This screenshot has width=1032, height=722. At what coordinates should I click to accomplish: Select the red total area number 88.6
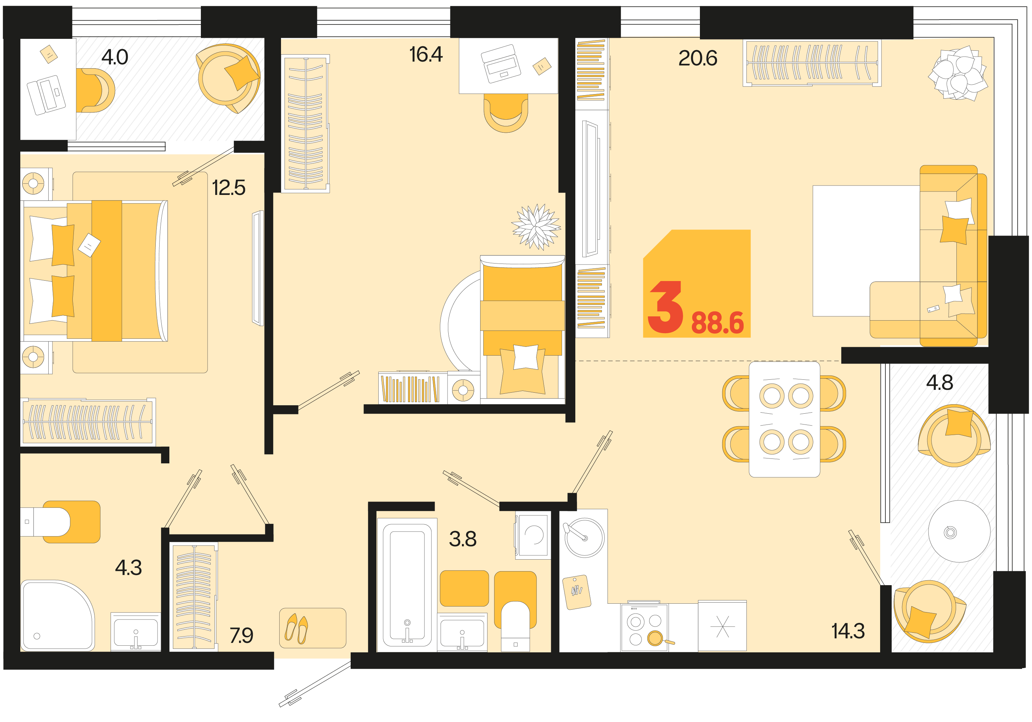point(718,323)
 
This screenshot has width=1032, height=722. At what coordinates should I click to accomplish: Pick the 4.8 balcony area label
point(939,383)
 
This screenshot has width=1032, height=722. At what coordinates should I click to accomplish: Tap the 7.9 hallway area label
point(241,635)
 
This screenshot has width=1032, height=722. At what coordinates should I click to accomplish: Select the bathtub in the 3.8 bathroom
point(407,584)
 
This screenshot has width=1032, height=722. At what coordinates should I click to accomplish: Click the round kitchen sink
point(584,537)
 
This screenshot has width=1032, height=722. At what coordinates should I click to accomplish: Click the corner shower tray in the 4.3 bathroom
point(57,616)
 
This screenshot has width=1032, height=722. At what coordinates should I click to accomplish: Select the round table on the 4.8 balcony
point(959,531)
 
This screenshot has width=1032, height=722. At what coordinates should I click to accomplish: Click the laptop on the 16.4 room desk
point(501,64)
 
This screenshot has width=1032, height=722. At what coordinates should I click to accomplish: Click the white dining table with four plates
point(784,419)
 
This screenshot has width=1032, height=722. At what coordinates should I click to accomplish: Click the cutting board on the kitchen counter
point(577,592)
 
